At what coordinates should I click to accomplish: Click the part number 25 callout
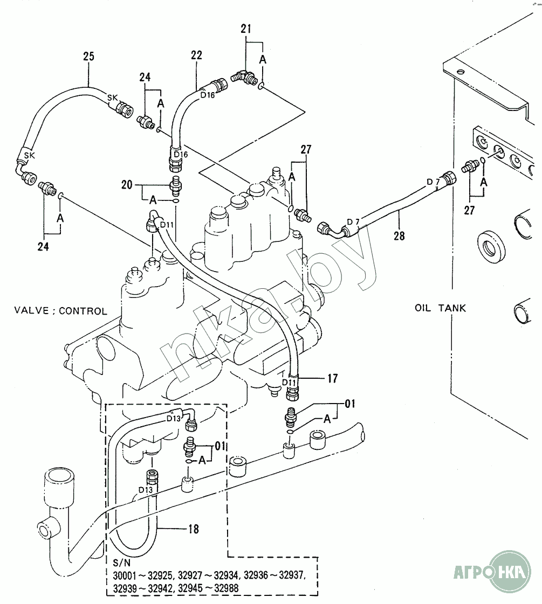[x=89, y=55]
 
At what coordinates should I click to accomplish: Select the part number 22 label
[x=196, y=54]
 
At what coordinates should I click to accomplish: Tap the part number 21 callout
[x=246, y=29]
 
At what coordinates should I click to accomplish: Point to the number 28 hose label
[x=399, y=235]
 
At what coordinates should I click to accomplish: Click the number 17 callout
[x=332, y=379]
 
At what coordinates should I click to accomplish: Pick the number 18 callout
[x=193, y=530]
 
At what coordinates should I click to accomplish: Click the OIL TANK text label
[x=441, y=308]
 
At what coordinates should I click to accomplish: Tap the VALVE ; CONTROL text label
[x=60, y=311]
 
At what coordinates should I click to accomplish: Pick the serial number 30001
[x=126, y=575]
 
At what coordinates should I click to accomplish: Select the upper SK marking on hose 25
[x=112, y=98]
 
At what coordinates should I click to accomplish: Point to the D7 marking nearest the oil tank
[x=433, y=182]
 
